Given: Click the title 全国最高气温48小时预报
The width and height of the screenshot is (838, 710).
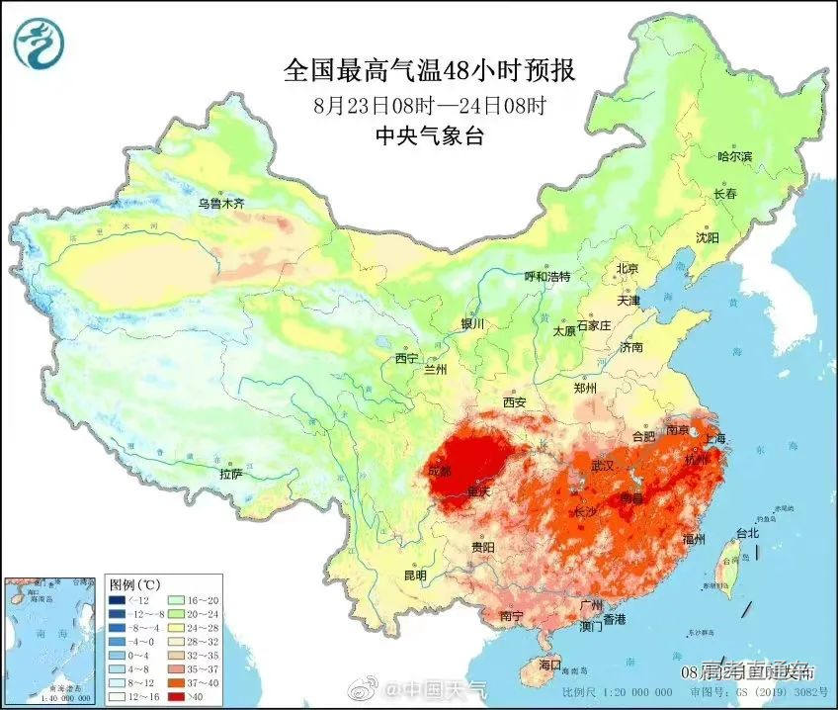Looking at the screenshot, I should (x=429, y=70).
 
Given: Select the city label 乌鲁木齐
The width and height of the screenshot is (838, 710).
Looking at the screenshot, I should (x=219, y=204).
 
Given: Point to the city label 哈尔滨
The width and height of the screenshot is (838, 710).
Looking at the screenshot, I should (x=734, y=156).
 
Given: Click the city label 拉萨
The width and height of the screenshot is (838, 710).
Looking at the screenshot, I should (x=230, y=474).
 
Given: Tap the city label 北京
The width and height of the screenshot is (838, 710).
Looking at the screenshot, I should (x=628, y=269).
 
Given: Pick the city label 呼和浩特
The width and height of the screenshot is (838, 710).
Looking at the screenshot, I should (x=546, y=277).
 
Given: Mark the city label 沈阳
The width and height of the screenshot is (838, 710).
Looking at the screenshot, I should (x=707, y=237).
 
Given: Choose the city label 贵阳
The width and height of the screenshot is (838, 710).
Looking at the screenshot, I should (x=483, y=547).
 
